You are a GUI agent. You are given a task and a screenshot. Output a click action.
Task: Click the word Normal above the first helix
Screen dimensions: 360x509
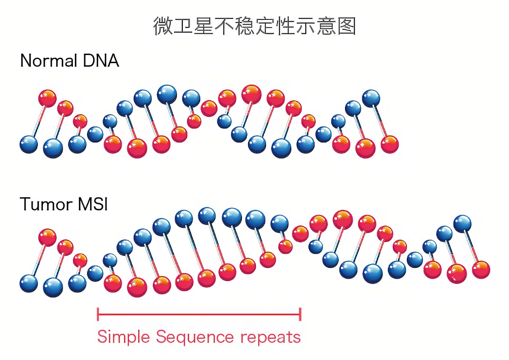coord(44,61)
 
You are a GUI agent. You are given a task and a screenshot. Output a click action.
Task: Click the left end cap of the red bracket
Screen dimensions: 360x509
coord(98,314)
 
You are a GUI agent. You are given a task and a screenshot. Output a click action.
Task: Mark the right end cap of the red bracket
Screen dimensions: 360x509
coord(300,314)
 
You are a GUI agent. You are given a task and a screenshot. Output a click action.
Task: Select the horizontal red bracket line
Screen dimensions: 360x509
coord(198,314)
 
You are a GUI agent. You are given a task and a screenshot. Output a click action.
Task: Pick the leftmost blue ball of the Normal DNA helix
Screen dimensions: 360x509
coord(29,144)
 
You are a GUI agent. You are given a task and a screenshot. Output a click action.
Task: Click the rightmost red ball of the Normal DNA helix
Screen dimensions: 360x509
coord(390,144)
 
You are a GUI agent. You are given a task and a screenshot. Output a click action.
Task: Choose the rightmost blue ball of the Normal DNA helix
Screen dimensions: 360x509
coord(371,98)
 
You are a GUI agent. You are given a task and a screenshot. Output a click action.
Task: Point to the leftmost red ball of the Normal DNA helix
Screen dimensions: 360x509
coord(47,98)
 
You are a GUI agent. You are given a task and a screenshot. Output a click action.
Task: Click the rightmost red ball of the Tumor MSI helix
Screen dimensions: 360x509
coord(481,269)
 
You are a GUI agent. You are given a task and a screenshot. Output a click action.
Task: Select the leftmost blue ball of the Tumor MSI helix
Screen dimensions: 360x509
coord(29,283)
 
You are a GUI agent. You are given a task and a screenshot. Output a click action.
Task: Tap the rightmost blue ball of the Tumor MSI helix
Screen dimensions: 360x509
coord(462,223)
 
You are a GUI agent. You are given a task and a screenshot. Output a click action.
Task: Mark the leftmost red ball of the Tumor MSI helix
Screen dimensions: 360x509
coord(47,237)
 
